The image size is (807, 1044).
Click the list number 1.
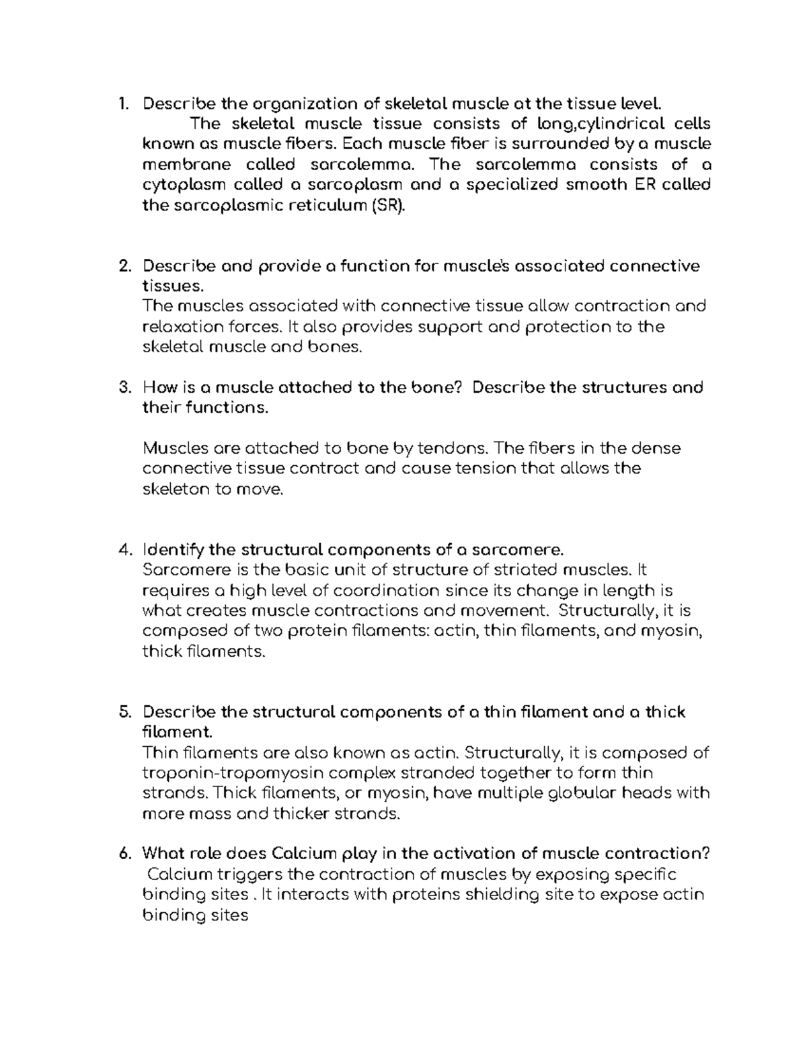click(x=122, y=104)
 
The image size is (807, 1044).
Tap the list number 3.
click(x=123, y=388)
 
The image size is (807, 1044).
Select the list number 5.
click(x=123, y=712)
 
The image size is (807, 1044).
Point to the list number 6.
click(x=123, y=854)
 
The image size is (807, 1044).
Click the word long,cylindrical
click(x=600, y=124)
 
